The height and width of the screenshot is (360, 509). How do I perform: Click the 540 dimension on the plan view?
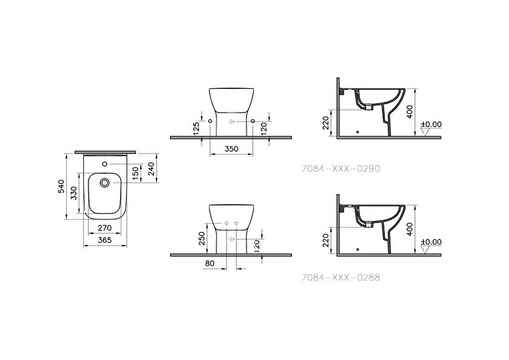[61, 186]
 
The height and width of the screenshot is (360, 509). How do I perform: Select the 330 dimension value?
[74, 193]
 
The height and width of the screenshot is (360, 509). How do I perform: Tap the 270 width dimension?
[105, 228]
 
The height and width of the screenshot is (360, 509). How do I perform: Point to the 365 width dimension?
[105, 240]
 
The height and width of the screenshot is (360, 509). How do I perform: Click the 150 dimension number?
[135, 173]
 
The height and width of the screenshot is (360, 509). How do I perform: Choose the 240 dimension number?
[151, 169]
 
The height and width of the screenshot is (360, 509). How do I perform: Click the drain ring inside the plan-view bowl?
[105, 182]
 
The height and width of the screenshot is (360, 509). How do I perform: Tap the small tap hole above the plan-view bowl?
[105, 164]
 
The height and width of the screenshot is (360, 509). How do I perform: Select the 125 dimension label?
[196, 128]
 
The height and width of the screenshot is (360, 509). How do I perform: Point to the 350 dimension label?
[231, 149]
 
